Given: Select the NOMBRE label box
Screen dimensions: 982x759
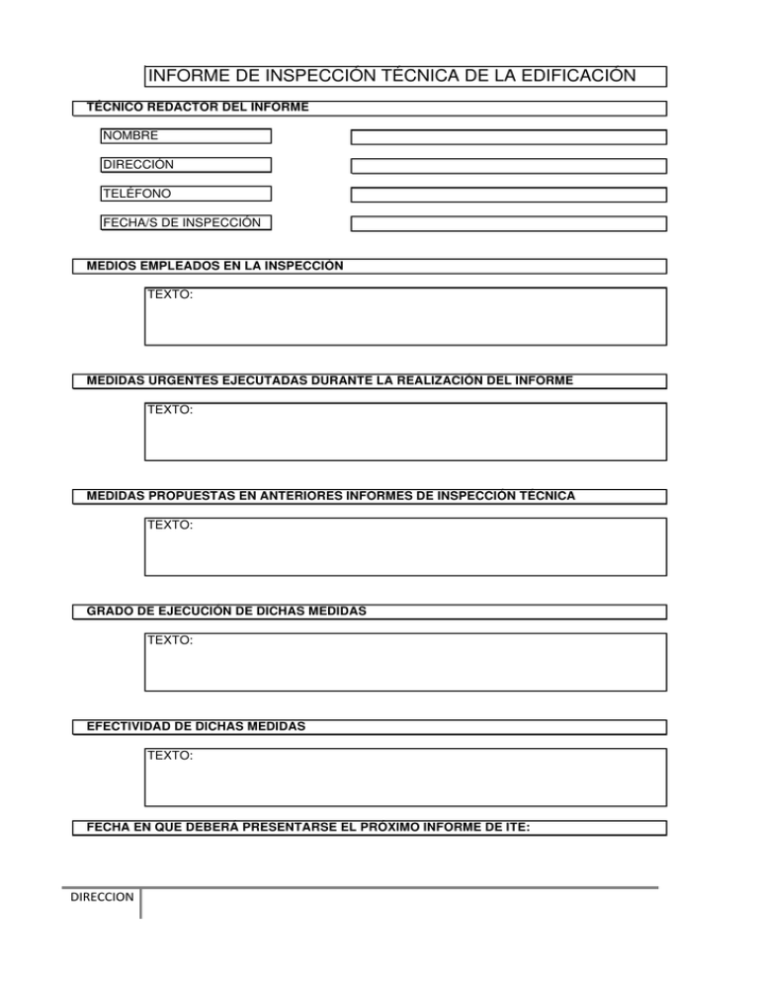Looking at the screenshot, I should point(185,136).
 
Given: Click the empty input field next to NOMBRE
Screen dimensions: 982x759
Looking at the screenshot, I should point(509,137).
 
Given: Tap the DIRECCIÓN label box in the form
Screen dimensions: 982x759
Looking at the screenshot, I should point(185,165).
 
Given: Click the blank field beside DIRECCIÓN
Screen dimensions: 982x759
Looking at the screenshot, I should point(509,166).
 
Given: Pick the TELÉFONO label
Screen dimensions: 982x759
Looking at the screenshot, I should point(185,194).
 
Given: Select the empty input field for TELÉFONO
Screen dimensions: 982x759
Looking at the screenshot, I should point(509,195).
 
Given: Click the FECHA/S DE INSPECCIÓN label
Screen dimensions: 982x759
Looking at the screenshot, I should point(185,222).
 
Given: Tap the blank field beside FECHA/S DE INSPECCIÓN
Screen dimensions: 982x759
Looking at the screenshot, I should point(509,223).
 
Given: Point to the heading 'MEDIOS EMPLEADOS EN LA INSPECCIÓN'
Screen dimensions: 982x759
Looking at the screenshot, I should point(215,266).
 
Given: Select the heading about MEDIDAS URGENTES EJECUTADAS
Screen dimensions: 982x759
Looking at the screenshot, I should point(330,380).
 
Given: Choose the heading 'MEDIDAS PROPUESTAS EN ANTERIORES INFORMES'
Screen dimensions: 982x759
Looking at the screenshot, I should point(331,495).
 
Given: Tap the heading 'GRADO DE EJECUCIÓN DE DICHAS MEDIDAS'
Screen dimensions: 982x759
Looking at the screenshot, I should point(227,612).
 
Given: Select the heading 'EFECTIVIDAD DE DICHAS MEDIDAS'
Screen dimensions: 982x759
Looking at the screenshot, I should point(197,726).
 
